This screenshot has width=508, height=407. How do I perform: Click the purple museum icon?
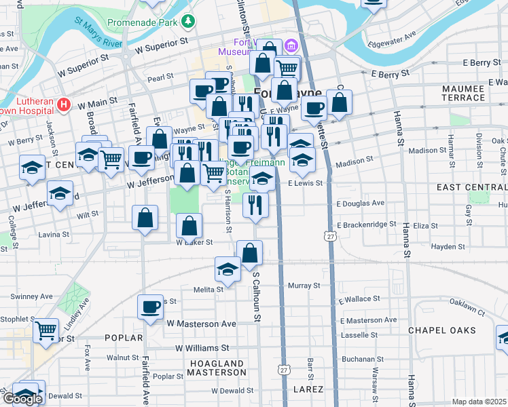[291, 46]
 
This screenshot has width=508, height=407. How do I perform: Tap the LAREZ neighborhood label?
[308, 389]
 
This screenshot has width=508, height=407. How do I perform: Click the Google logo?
[22, 399]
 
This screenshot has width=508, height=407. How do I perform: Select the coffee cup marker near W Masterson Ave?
[150, 307]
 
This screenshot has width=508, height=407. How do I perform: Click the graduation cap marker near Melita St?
[228, 268]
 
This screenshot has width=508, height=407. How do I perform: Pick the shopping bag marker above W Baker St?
[189, 225]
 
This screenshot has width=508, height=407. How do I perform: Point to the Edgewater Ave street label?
[391, 41]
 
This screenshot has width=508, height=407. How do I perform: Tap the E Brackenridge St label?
[367, 225]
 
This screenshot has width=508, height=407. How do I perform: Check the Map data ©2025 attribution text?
[479, 402]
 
